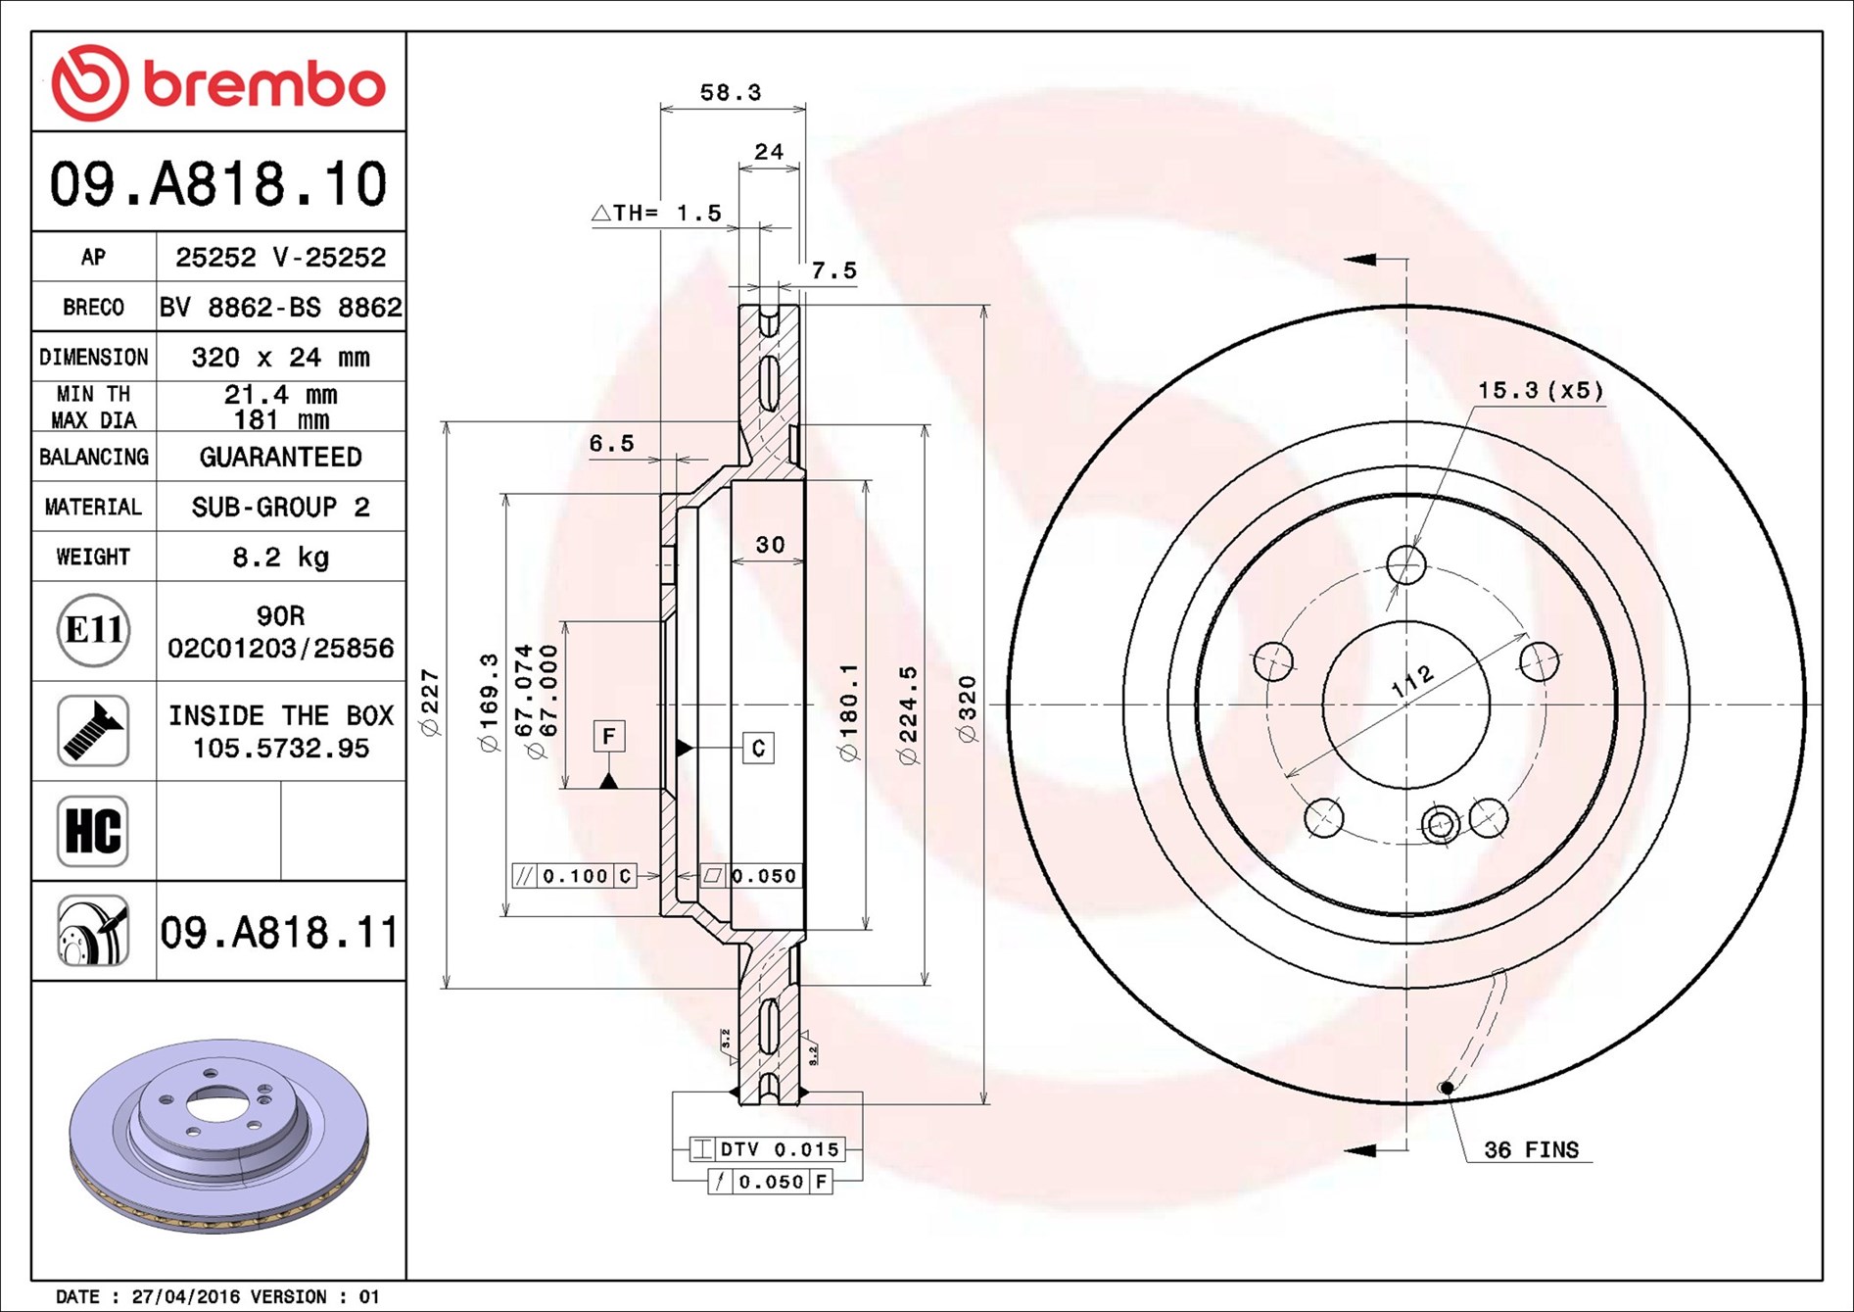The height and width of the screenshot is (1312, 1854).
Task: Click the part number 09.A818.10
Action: (218, 184)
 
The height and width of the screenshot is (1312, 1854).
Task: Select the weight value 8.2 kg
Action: (280, 558)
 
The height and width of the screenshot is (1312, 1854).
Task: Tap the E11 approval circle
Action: (93, 630)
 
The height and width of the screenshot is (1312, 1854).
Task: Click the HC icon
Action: (93, 831)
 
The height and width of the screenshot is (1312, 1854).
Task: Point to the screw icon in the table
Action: (93, 731)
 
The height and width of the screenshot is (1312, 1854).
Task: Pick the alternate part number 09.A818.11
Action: (279, 932)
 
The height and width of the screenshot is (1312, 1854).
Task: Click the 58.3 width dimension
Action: (730, 93)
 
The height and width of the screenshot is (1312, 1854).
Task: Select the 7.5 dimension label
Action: (833, 270)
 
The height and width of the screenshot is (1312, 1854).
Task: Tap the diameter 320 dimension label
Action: (968, 708)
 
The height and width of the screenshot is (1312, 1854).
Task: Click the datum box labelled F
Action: (609, 736)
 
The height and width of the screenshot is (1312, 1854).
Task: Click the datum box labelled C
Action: (758, 749)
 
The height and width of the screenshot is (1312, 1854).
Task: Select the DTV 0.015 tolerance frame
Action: (767, 1149)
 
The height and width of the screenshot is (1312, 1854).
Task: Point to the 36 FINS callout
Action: (1531, 1150)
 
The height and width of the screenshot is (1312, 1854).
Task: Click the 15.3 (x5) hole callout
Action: (1540, 391)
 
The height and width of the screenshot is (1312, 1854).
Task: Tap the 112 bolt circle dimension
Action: (1412, 681)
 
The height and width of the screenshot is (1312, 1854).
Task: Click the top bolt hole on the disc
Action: (1406, 564)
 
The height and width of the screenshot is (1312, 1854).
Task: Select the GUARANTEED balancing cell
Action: (280, 457)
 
